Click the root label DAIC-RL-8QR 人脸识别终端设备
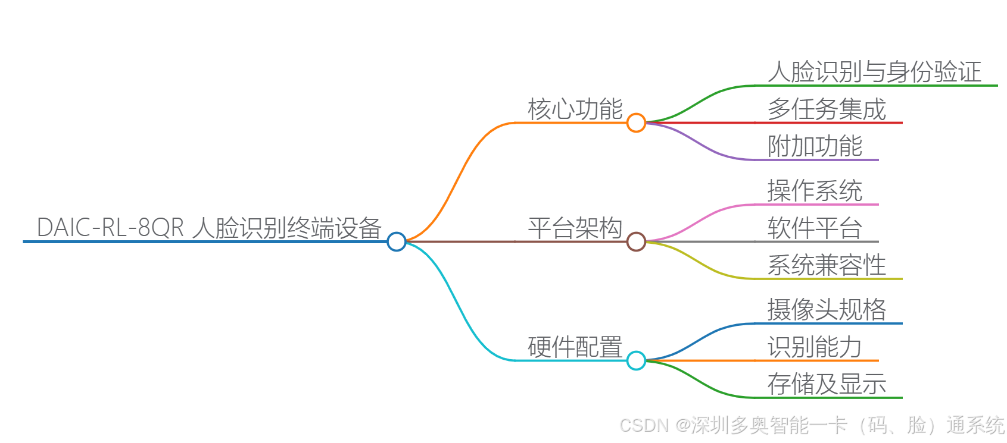(208, 228)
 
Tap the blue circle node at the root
(396, 241)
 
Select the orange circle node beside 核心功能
(636, 122)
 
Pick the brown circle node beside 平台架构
(636, 241)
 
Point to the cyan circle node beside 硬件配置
(636, 360)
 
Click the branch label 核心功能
(575, 109)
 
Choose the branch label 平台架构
(575, 228)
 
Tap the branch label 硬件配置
(575, 347)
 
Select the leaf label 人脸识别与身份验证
(874, 72)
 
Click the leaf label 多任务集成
(827, 109)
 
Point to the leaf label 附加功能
(815, 146)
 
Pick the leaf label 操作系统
(815, 191)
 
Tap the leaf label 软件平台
(815, 228)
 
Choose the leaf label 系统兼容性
(827, 265)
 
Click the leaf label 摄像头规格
(827, 310)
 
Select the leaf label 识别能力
(815, 347)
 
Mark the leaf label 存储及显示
(827, 384)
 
